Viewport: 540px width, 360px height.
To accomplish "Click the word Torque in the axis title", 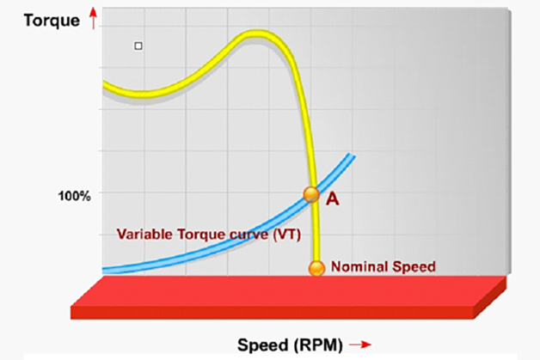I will coord(34,16).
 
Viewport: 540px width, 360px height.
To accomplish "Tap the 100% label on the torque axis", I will coord(74,197).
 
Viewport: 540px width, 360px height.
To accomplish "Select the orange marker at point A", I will coord(311,194).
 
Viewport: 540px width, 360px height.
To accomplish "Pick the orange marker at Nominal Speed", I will coord(316,267).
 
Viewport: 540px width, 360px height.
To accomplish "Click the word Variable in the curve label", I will coord(142,234).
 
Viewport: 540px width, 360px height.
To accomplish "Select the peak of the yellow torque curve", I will coord(255,35).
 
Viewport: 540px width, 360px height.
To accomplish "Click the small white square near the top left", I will coord(138,46).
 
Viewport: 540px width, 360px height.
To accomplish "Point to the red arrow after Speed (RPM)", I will coord(360,345).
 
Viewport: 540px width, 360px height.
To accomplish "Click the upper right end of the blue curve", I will coord(351,156).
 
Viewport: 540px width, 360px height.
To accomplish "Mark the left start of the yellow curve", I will coord(105,84).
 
